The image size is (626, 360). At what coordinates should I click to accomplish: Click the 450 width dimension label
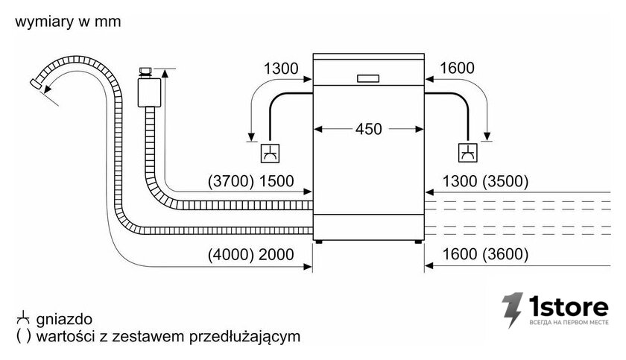[368, 129]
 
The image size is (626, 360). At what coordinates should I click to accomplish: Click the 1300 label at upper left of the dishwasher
[281, 69]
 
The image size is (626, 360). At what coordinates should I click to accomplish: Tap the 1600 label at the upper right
[457, 69]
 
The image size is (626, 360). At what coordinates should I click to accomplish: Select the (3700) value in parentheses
[231, 181]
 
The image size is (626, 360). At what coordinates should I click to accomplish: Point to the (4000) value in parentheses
[231, 254]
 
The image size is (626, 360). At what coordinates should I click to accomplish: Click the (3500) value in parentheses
[505, 181]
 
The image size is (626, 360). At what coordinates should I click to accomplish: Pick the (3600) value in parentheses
[505, 254]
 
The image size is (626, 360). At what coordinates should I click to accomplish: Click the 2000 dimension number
[276, 254]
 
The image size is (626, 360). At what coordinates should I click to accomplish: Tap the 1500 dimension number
[276, 181]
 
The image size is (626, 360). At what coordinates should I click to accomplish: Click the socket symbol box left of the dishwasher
[270, 154]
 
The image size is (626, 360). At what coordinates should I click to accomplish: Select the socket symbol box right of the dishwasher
[467, 153]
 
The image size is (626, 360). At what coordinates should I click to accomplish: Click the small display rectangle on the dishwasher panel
[368, 78]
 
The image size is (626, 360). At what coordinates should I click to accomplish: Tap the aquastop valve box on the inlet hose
[149, 92]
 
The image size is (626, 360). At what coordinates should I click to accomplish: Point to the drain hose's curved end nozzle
[37, 83]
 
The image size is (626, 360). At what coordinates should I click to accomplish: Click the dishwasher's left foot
[319, 241]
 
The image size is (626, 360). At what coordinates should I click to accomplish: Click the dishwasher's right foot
[418, 241]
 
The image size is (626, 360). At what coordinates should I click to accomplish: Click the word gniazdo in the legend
[64, 319]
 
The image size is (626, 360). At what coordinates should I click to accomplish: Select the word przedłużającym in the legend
[244, 336]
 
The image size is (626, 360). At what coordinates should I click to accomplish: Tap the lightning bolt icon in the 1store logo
[513, 310]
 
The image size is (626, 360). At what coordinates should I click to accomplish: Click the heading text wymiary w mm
[68, 22]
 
